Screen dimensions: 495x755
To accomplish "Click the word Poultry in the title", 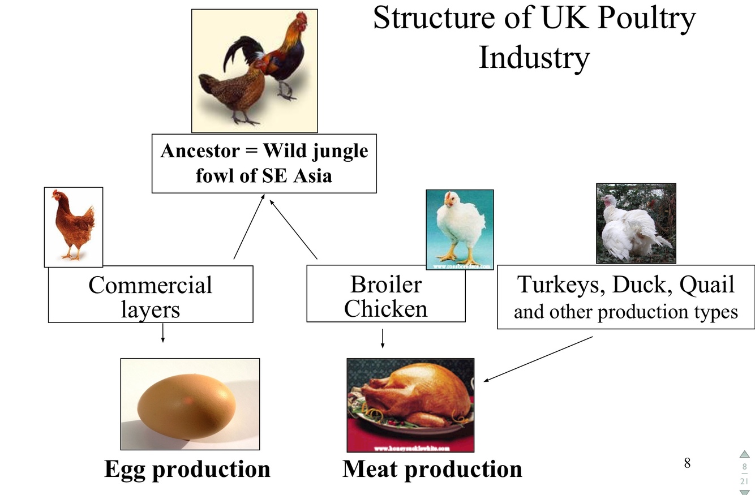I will [x=646, y=18].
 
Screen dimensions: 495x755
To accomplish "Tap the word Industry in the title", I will [x=534, y=58].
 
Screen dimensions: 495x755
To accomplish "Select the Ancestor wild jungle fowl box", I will [x=264, y=163].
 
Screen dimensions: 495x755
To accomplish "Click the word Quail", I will [x=707, y=285].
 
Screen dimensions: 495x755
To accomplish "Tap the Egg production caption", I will [x=187, y=469].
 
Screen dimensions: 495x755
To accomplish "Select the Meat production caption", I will [x=432, y=469].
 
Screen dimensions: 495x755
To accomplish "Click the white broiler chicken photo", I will [x=460, y=229].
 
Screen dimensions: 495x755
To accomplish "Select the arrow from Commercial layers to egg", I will [x=163, y=333].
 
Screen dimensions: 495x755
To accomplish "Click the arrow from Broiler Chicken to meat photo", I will [x=383, y=338].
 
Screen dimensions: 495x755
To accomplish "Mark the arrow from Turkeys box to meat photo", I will [x=538, y=359].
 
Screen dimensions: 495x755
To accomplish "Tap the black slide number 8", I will [x=687, y=463].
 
